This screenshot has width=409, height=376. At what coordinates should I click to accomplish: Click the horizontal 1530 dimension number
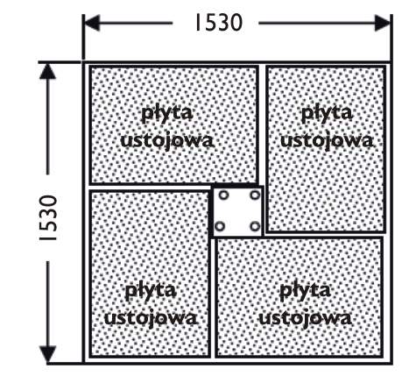(x=219, y=23)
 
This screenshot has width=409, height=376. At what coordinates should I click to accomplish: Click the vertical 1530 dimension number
(x=48, y=218)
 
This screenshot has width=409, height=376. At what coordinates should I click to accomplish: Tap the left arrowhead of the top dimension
(x=92, y=23)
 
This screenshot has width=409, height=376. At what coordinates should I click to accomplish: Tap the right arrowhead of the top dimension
(x=383, y=23)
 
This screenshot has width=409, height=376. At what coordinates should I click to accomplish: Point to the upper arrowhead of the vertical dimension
(x=47, y=71)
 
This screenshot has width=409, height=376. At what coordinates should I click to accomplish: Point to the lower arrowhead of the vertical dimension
(x=47, y=354)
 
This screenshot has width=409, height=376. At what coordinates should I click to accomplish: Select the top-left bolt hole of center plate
(x=223, y=195)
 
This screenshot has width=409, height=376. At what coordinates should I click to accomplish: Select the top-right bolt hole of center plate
(x=255, y=195)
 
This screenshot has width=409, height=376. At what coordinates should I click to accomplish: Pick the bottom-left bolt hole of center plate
(x=220, y=226)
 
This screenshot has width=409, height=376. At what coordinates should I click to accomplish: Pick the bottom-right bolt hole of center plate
(x=255, y=226)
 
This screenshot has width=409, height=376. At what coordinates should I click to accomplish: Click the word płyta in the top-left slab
(x=167, y=113)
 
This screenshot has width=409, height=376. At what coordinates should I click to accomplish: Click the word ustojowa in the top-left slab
(x=167, y=141)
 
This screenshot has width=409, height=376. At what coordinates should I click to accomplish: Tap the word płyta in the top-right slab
(x=327, y=113)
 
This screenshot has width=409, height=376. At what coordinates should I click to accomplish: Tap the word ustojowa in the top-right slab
(x=327, y=141)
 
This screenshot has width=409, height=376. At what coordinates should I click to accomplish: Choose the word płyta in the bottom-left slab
(x=151, y=291)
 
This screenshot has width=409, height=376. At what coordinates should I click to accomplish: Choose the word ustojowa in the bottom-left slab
(x=151, y=318)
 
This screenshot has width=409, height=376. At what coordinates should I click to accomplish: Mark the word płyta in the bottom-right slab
(x=305, y=291)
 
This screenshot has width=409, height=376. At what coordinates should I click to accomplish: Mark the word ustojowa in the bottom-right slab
(x=305, y=318)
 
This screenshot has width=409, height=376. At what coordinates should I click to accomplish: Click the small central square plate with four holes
(x=237, y=211)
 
